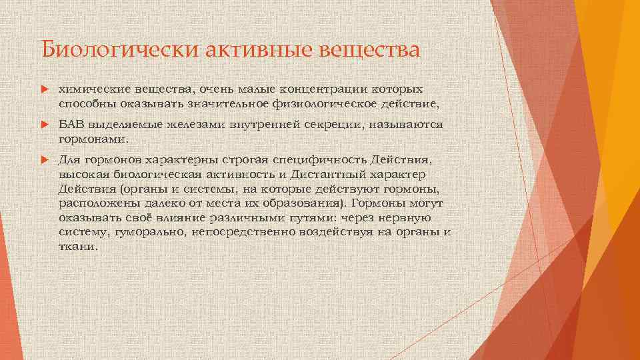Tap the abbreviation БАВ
[71, 125]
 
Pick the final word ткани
[76, 246]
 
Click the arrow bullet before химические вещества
[45, 89]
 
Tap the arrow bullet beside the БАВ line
[45, 125]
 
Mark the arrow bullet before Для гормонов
[45, 161]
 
